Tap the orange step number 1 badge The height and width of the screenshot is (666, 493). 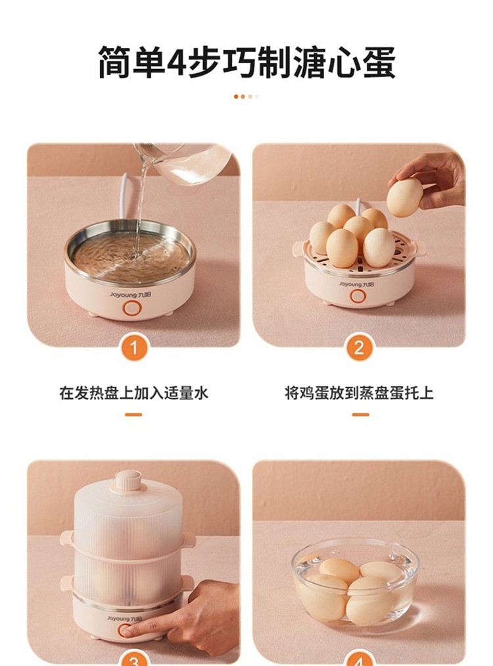[x=133, y=348]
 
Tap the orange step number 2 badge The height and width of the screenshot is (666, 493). [x=359, y=348]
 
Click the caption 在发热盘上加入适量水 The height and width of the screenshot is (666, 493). [x=133, y=393]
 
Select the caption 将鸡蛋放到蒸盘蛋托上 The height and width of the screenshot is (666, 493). [x=359, y=393]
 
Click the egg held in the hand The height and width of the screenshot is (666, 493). [x=405, y=197]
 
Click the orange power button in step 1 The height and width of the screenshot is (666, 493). [x=131, y=308]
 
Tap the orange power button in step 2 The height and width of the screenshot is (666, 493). [x=357, y=295]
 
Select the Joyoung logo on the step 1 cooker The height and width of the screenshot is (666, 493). [x=130, y=294]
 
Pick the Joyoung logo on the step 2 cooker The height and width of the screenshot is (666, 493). [x=356, y=284]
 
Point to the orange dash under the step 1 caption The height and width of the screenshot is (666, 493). [x=133, y=415]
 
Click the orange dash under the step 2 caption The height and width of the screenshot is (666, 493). [x=360, y=415]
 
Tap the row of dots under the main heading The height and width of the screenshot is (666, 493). [x=246, y=97]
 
